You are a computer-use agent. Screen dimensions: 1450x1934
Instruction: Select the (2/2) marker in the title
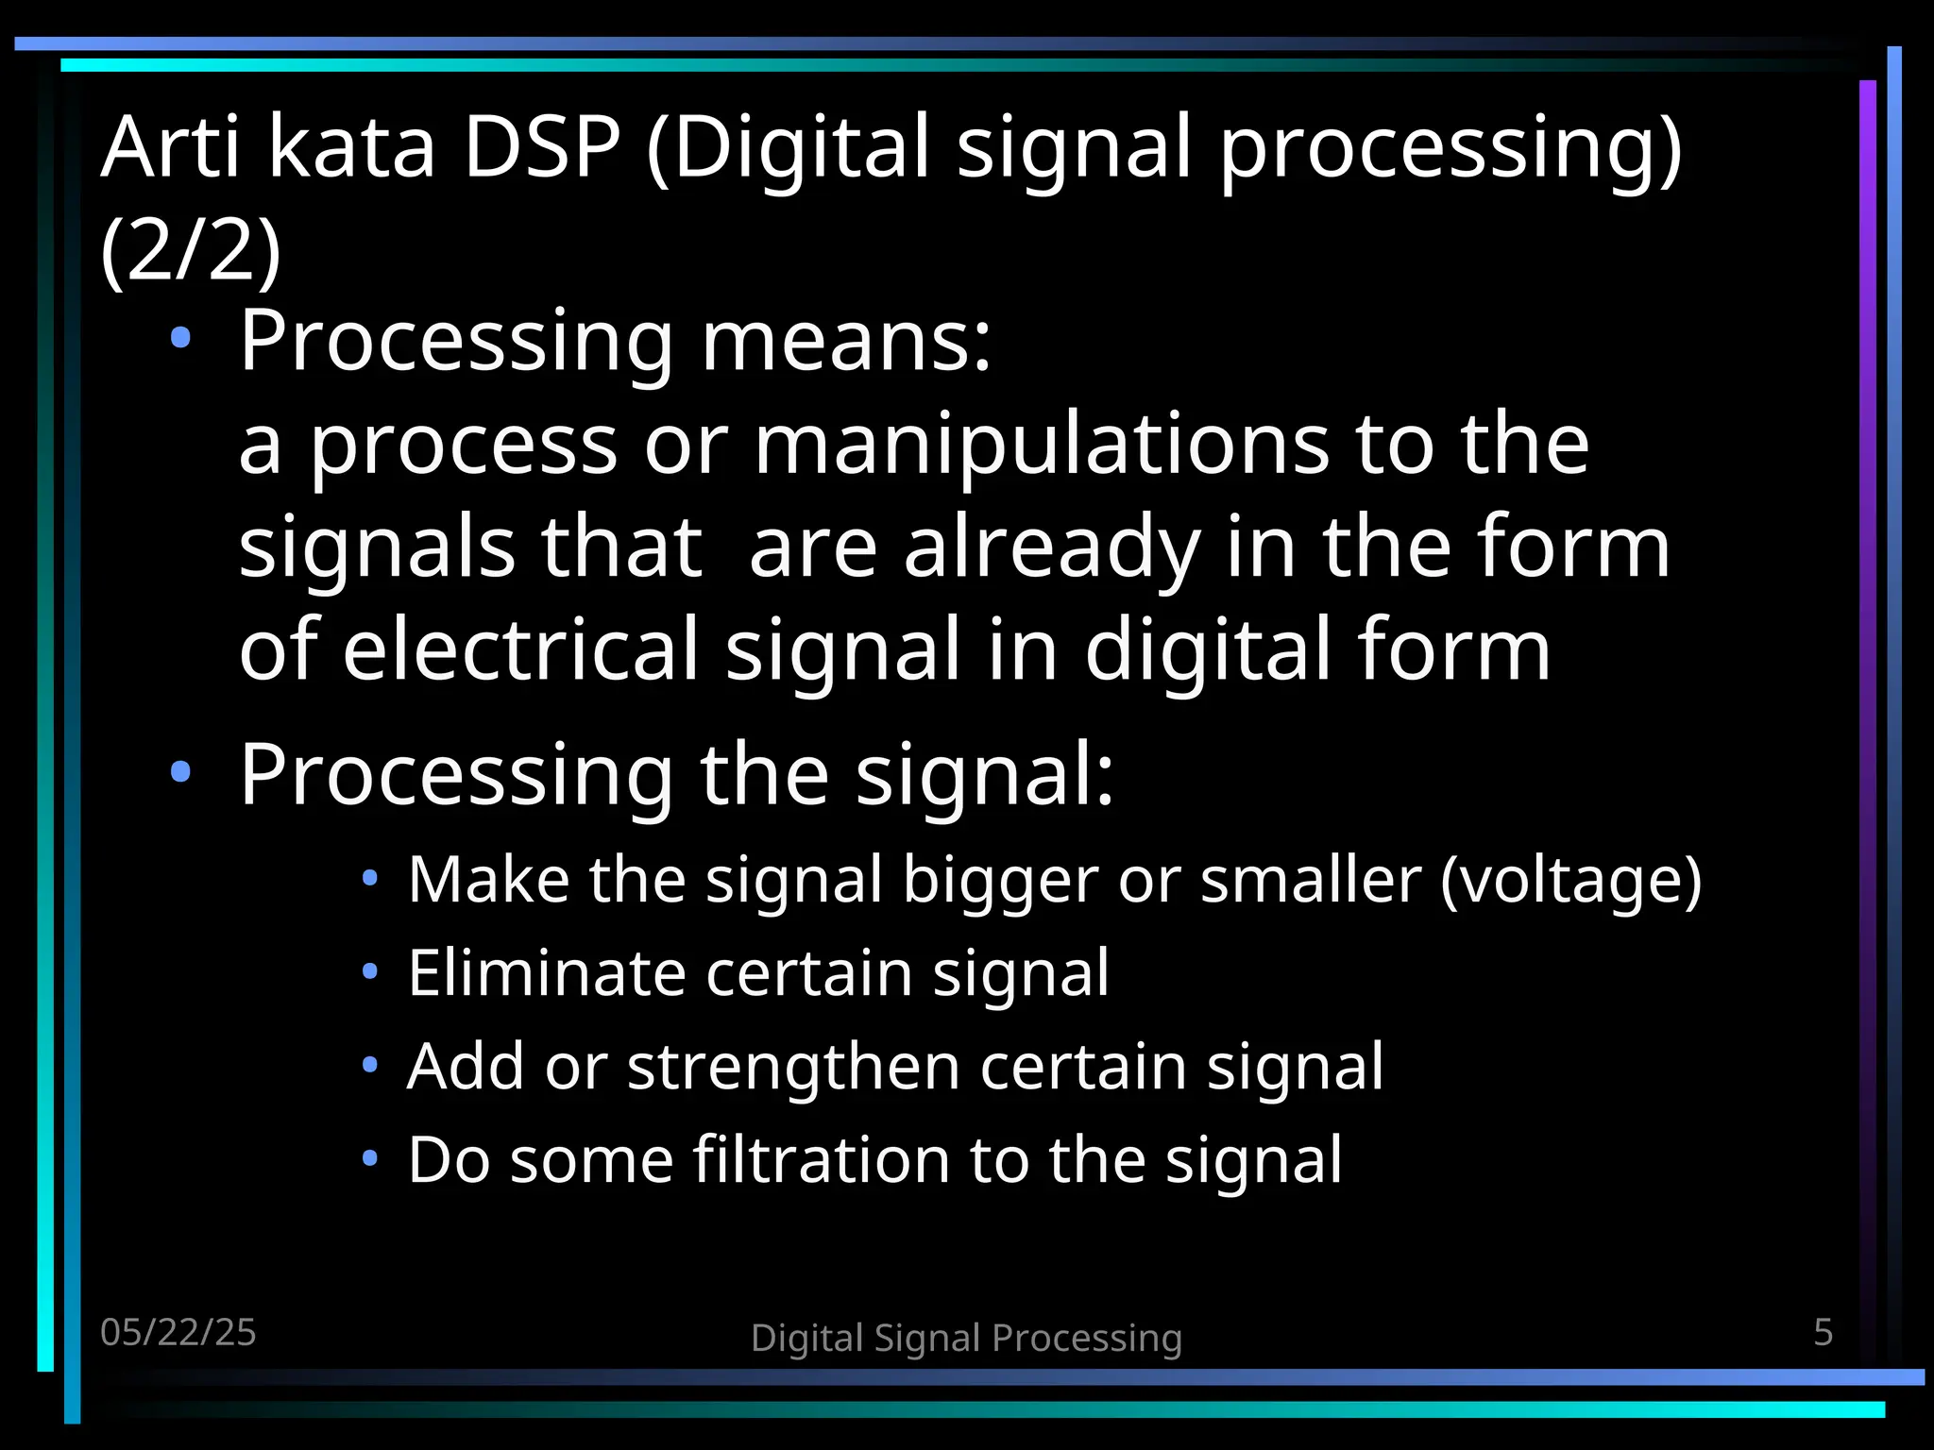[190, 251]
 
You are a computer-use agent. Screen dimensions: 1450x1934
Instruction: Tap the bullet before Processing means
[180, 338]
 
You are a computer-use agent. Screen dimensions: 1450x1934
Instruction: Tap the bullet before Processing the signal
[180, 772]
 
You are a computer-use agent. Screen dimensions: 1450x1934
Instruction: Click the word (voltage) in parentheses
[1570, 880]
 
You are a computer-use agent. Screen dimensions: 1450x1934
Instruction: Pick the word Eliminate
[546, 972]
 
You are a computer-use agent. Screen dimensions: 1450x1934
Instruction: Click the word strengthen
[792, 1067]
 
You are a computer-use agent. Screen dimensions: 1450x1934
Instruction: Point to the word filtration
[821, 1159]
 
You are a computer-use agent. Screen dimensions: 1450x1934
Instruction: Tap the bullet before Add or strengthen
[370, 1065]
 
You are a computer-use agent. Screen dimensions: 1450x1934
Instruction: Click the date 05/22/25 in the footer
[178, 1332]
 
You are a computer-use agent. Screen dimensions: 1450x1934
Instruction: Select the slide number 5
[1823, 1332]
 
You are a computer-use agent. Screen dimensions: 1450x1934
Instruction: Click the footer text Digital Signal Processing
[966, 1338]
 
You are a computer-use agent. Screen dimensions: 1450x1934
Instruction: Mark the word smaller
[1311, 880]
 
